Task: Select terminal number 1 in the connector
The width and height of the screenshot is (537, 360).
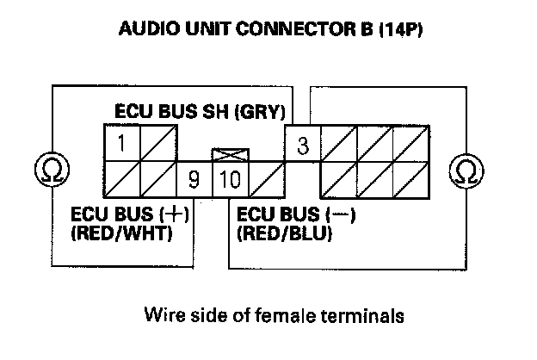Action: coord(123,142)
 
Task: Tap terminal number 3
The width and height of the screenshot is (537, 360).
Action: coord(302,146)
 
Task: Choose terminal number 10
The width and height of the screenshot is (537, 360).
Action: coord(229,180)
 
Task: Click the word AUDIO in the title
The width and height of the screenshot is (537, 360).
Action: coord(152,29)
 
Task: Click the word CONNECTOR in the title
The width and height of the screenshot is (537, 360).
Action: coord(302,29)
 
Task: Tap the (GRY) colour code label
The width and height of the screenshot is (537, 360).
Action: coord(262,112)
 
